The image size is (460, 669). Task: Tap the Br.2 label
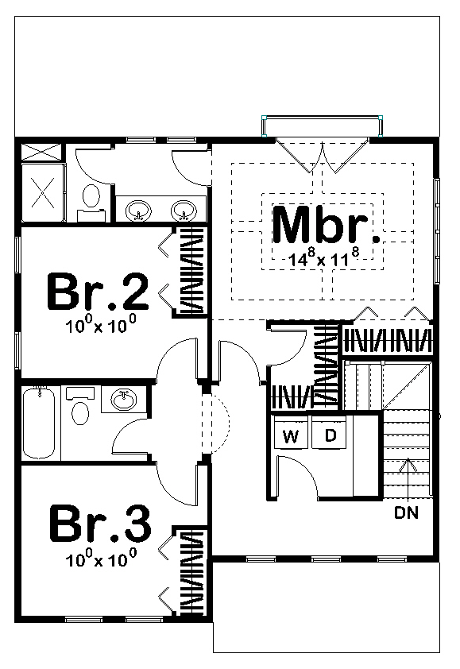click(98, 292)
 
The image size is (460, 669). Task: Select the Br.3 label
click(100, 523)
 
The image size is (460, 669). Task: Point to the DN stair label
click(406, 512)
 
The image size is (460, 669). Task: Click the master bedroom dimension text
click(324, 257)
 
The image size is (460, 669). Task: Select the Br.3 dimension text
click(101, 558)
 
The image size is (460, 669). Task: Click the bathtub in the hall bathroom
click(39, 422)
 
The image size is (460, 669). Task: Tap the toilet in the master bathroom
click(91, 202)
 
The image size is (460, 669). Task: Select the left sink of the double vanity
click(138, 211)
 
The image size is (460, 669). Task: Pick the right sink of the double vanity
click(184, 211)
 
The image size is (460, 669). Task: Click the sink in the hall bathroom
click(124, 400)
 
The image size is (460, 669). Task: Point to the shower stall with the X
click(43, 193)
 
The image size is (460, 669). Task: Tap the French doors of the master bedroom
click(323, 155)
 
